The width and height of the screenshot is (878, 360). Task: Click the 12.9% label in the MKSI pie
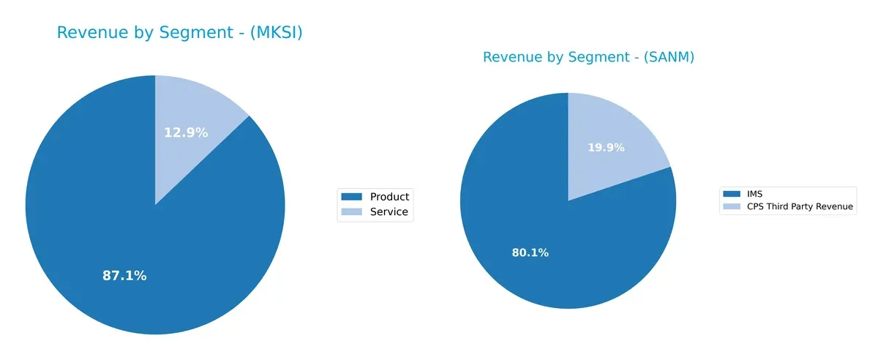(186, 132)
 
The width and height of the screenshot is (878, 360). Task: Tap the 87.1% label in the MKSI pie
(124, 276)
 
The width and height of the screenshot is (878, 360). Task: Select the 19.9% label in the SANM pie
(606, 148)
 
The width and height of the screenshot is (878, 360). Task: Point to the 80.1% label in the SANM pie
(530, 253)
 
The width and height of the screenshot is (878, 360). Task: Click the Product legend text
(389, 196)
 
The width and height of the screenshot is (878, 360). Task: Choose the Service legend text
(389, 212)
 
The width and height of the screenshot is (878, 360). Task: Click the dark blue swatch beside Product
(352, 196)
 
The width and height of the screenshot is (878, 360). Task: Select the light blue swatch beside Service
(352, 212)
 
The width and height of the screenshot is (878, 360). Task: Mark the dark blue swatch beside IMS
(731, 194)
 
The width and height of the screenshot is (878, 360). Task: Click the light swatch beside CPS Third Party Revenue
(731, 207)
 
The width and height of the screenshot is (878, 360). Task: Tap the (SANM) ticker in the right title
(667, 58)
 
